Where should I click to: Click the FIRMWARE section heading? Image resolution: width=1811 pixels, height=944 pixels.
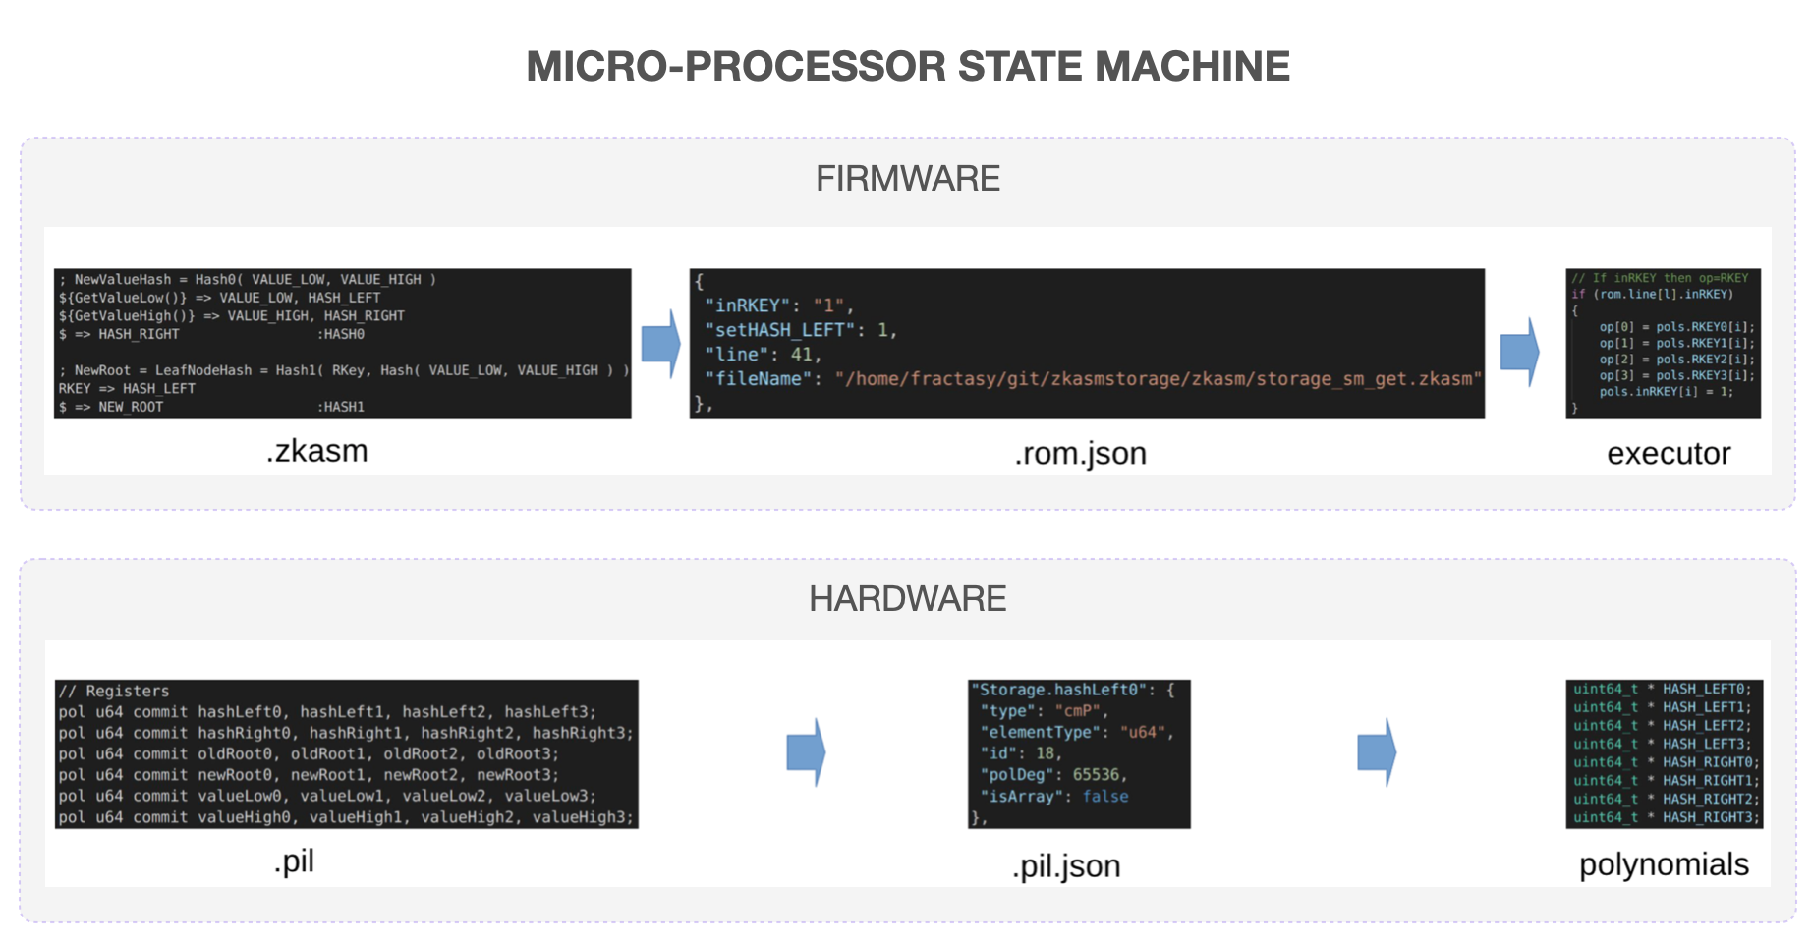907,179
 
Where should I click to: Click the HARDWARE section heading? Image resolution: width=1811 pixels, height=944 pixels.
907,599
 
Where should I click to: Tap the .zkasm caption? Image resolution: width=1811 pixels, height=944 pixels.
316,451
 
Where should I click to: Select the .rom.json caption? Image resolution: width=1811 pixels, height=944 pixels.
1080,454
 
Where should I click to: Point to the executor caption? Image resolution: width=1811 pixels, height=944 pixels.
1668,454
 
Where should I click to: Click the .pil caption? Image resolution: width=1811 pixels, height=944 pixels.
294,861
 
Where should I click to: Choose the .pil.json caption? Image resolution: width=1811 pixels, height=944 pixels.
1066,866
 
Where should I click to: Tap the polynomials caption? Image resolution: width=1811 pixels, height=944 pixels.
1663,864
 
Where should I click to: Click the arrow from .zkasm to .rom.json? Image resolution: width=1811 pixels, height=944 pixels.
660,344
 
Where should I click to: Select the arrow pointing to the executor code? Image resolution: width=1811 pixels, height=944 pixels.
1519,352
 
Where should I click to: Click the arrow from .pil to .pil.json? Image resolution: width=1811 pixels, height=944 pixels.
806,752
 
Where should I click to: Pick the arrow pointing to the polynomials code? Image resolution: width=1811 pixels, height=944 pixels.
1376,752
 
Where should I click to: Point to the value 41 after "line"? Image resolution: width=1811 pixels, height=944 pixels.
802,355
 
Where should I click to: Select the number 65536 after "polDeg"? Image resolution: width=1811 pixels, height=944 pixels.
1096,775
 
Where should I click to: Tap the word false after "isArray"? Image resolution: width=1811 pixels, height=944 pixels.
1105,797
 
